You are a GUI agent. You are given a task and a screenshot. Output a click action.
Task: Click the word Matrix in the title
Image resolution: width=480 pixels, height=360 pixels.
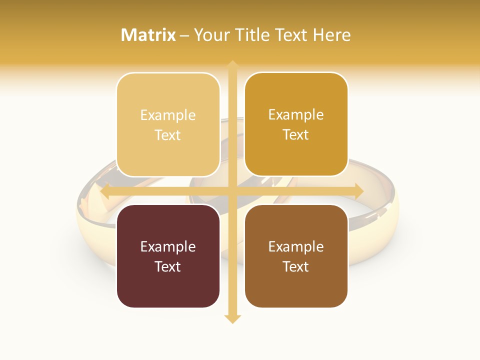[x=148, y=35]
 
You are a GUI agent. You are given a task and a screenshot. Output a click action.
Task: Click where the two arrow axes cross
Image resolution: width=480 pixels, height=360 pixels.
[x=232, y=191]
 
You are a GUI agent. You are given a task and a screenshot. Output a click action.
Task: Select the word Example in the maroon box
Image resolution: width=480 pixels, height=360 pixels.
[x=168, y=246]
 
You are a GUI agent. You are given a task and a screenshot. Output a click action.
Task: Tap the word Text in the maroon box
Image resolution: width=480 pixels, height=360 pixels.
[x=168, y=266]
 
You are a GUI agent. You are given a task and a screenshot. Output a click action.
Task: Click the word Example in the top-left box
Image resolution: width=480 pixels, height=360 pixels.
[x=168, y=115]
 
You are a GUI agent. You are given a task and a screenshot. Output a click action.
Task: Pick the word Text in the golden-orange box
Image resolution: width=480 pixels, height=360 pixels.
[x=296, y=134]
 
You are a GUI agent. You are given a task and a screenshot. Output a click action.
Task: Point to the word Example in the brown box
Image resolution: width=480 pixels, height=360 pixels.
[x=296, y=246]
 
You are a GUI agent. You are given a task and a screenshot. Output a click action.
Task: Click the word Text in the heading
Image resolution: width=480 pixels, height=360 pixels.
[x=289, y=35]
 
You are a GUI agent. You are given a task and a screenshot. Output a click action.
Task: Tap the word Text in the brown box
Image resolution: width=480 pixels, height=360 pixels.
[x=296, y=266]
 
